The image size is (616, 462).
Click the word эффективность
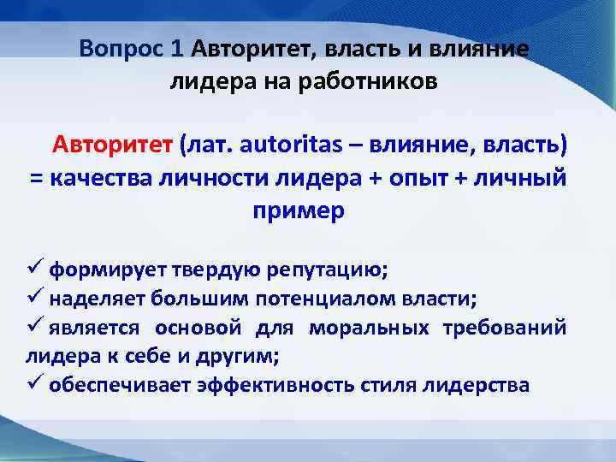[288, 384]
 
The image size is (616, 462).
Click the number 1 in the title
[178, 48]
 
